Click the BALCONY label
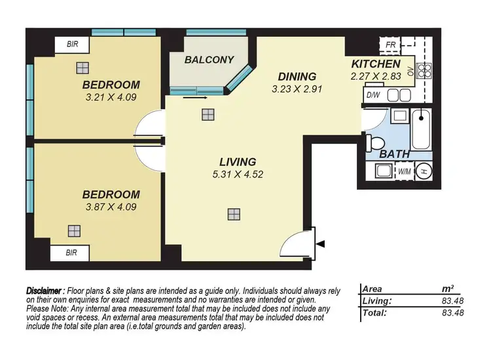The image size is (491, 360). point(209,60)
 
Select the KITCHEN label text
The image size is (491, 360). point(376,64)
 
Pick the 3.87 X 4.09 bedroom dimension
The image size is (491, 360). point(111,207)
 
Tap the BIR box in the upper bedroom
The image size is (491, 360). point(73,45)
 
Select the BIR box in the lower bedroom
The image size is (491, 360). point(73,253)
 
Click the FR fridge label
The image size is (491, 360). point(391,45)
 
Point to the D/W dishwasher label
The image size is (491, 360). point(374,96)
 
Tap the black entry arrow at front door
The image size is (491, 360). point(320,243)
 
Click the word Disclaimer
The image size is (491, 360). point(45,291)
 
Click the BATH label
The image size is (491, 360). point(395,154)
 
